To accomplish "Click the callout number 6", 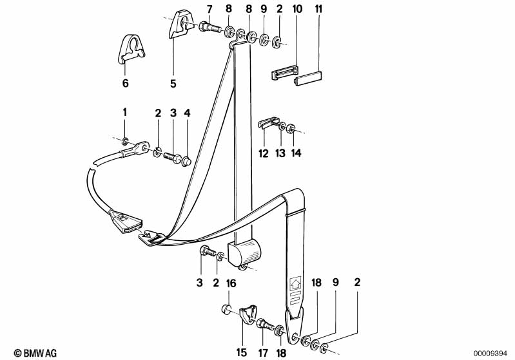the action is [125, 83].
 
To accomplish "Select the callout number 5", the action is [173, 83].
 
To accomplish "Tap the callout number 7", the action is [210, 9].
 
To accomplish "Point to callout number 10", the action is [297, 9].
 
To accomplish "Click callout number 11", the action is [318, 9].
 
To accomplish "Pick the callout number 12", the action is [264, 153].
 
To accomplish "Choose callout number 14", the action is [296, 153].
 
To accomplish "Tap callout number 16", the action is [231, 283].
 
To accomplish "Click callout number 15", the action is [241, 352].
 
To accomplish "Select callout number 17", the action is [263, 353].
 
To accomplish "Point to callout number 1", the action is [124, 113].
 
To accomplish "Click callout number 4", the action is [187, 113].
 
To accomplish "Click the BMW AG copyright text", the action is [35, 353].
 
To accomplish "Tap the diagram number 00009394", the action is [490, 354].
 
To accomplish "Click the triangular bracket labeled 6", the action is [131, 49].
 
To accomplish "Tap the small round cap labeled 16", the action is [225, 309].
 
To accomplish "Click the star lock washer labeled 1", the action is [124, 142].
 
